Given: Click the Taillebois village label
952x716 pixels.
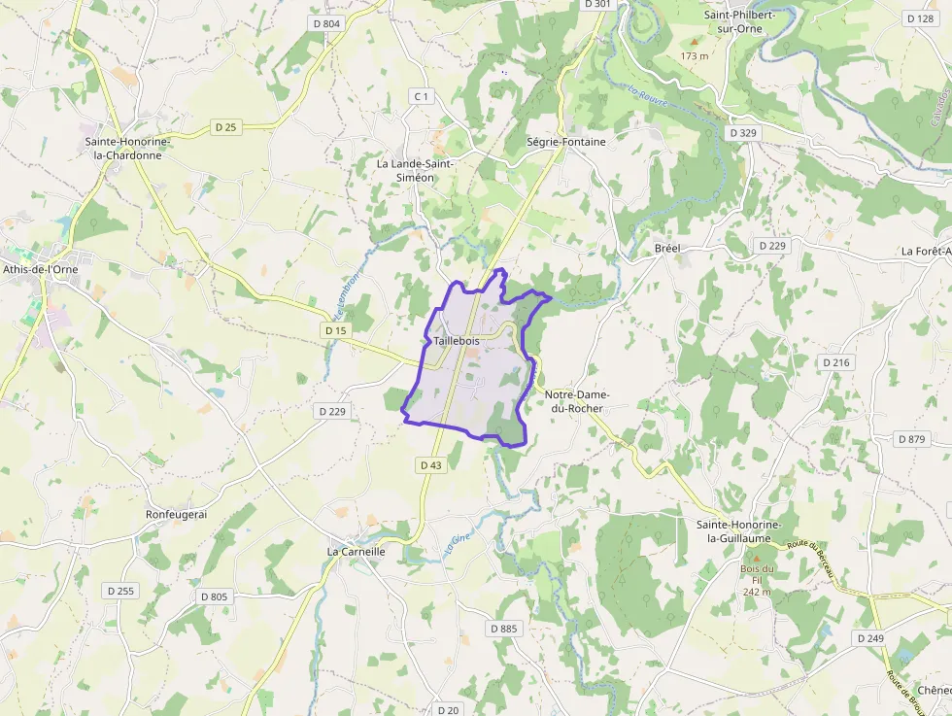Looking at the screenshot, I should [x=457, y=341].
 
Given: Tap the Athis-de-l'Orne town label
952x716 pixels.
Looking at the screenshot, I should [x=40, y=269].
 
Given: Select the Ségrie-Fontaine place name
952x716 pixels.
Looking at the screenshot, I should [x=565, y=142].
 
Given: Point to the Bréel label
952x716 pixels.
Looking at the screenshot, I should [x=668, y=249].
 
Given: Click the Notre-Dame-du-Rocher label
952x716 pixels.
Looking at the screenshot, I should [x=574, y=401].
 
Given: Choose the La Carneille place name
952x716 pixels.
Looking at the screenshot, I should [x=357, y=551].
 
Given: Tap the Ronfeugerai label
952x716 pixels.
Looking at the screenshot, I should [x=177, y=514].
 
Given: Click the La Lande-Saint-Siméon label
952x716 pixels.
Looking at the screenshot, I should [x=415, y=170].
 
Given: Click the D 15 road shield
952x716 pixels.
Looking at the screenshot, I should [x=335, y=331].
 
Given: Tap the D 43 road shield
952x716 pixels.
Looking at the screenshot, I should [x=431, y=465].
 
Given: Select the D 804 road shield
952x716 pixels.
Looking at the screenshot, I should [x=327, y=23].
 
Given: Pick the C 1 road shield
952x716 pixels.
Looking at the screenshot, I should [x=421, y=96].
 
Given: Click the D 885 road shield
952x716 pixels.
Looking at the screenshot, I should [x=504, y=629].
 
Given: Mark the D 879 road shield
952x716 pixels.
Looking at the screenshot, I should [x=911, y=439].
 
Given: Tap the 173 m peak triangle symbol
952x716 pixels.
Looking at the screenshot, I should [x=695, y=42].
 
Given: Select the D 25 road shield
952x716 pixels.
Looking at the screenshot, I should [x=225, y=127].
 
